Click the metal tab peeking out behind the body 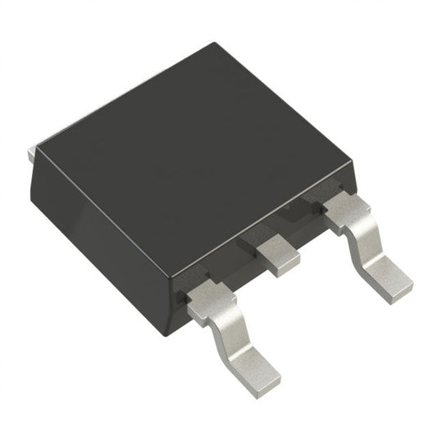[31, 151]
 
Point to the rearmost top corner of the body [215, 43]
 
